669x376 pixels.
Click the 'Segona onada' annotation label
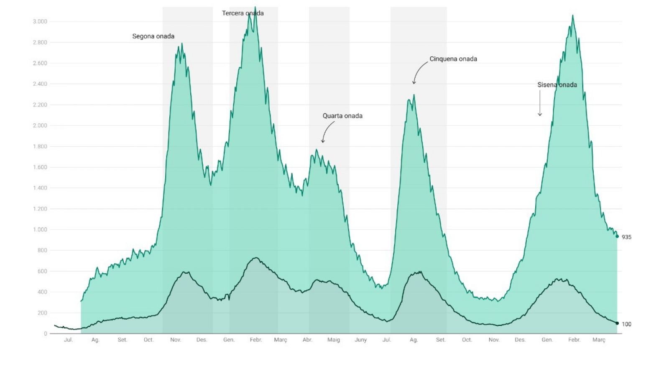(x=153, y=36)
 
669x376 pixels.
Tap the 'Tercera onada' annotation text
(x=243, y=13)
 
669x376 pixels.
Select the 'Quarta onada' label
(x=342, y=116)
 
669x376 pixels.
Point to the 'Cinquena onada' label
(x=453, y=59)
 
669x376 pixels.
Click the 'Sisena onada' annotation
(x=557, y=85)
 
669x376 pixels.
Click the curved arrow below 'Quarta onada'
(x=327, y=132)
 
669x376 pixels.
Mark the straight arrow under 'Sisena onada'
(x=540, y=103)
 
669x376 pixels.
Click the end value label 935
(x=626, y=237)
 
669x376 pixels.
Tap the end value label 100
(x=626, y=324)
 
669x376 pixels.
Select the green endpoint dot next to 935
(x=617, y=236)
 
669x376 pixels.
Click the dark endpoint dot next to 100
(x=617, y=323)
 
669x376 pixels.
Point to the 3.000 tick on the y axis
(x=40, y=22)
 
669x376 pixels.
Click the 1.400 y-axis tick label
(x=40, y=188)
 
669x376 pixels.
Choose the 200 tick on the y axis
(x=42, y=313)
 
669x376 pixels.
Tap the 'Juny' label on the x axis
(x=360, y=340)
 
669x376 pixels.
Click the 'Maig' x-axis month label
(x=334, y=340)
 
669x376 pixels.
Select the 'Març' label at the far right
(x=599, y=340)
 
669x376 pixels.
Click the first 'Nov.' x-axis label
(x=176, y=340)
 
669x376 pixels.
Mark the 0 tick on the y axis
(x=46, y=334)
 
